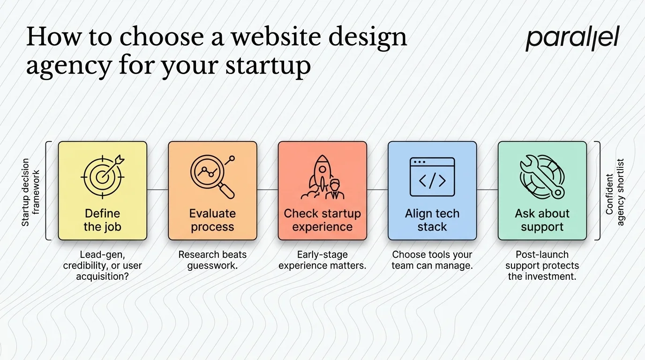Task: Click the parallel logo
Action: pos(572,38)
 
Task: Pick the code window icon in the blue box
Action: pos(432,177)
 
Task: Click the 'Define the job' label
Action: pos(102,220)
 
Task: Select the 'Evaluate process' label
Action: pos(212,220)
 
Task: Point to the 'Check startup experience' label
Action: pos(322,220)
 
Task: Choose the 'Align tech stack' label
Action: pos(432,220)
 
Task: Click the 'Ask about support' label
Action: pos(542,220)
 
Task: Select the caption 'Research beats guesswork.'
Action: pos(212,260)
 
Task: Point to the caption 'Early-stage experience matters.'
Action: pos(322,260)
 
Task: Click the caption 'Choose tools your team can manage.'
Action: pos(432,260)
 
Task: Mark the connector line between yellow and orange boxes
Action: pos(157,190)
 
